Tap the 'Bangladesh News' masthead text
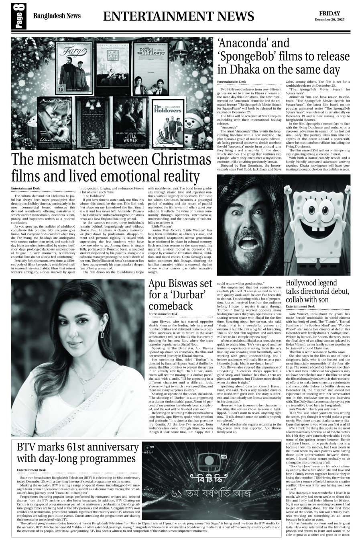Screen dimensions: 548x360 tap(57, 16)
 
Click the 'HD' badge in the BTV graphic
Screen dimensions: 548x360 tap(223, 456)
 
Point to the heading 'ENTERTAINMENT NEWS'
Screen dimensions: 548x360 tap(179, 16)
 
